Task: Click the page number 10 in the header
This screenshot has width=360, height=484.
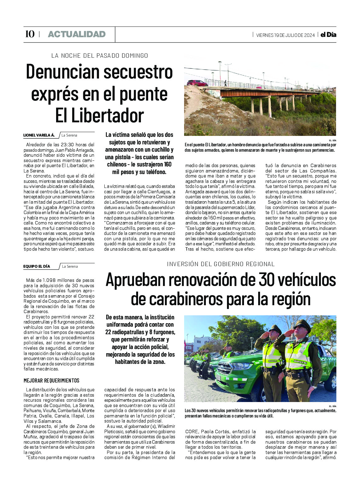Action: point(29,34)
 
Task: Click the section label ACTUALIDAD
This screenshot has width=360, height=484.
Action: point(77,34)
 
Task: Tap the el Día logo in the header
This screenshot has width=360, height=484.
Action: point(328,35)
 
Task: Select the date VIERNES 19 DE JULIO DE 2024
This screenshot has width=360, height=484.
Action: point(285,35)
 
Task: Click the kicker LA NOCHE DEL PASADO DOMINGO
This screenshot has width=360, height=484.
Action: point(100,55)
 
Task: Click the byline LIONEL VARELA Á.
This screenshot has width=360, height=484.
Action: point(39,135)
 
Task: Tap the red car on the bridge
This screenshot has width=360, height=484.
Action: point(197,83)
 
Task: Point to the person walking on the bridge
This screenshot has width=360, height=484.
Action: point(225,83)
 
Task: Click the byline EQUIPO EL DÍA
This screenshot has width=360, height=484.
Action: point(37,266)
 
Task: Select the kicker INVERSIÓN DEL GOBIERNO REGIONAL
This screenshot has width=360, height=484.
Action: point(221,264)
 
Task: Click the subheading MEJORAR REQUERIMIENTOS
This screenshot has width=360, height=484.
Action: point(51,381)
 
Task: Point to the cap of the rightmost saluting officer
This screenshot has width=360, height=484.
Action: point(302,325)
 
